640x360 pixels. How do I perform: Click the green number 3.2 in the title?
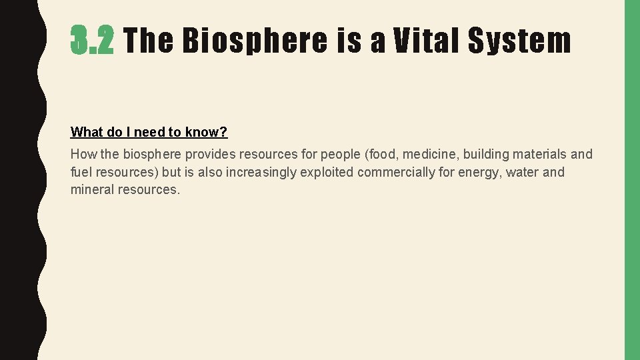coord(93,41)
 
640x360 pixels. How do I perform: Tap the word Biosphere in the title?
coord(255,41)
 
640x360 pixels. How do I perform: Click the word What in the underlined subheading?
coord(86,132)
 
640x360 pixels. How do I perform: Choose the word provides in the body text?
coord(210,154)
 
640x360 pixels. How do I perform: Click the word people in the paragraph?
coord(341,154)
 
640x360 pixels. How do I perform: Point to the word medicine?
coord(431,154)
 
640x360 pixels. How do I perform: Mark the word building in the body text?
coord(485,154)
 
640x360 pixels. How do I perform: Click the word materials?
coord(539,154)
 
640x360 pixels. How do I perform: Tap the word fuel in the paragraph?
coord(81,172)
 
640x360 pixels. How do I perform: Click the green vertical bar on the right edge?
coord(632,180)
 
